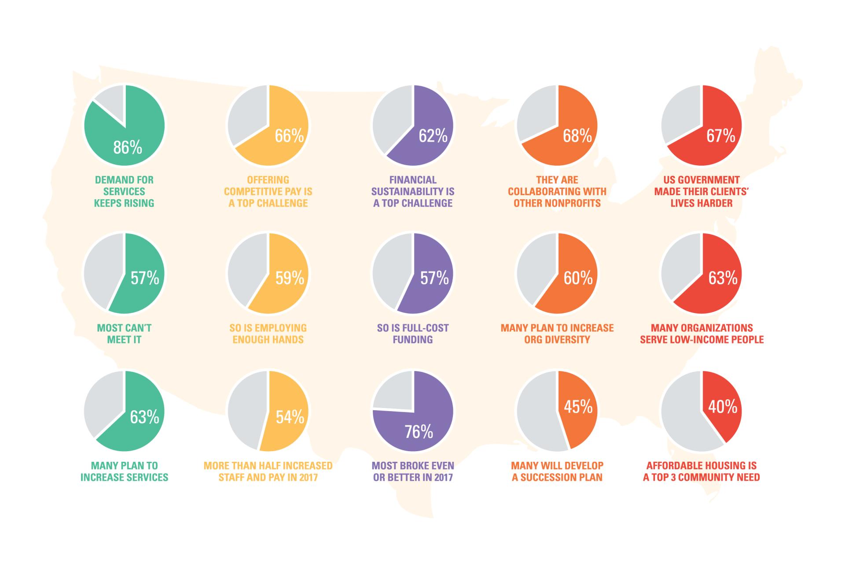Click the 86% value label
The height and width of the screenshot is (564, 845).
[128, 148]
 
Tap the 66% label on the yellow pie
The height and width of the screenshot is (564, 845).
[289, 136]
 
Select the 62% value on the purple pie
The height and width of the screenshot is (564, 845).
[433, 136]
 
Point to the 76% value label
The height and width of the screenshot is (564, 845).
[419, 432]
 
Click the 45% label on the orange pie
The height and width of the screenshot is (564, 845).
[578, 407]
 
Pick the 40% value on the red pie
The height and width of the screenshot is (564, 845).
[722, 407]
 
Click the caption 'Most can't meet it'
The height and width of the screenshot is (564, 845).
[124, 334]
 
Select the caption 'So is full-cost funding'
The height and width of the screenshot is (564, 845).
[413, 334]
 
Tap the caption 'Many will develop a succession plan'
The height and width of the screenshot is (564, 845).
[557, 471]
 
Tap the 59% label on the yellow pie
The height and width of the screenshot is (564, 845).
[290, 278]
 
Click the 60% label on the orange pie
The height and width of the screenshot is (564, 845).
[578, 278]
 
